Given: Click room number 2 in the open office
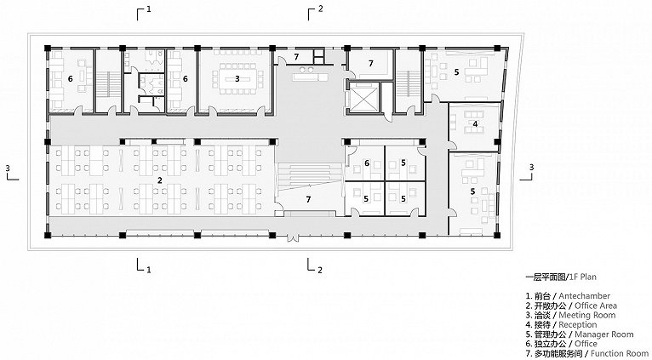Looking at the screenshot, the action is [160, 180].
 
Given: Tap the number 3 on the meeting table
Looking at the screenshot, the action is [237, 78].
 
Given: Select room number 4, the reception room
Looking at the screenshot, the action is [475, 123].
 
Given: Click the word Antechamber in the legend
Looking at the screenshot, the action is [584, 296].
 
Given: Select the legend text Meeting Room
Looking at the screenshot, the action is [587, 315].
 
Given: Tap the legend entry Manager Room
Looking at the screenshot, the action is [604, 334].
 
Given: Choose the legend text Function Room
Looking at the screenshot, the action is [620, 353].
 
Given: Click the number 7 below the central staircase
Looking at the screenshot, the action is [308, 199].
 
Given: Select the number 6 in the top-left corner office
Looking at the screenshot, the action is [71, 78].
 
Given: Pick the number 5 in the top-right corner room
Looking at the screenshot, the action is [456, 72].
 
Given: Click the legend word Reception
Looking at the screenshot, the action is [578, 324].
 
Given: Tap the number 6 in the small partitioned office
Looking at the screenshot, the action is [367, 163].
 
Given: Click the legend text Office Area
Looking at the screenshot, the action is [596, 306].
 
